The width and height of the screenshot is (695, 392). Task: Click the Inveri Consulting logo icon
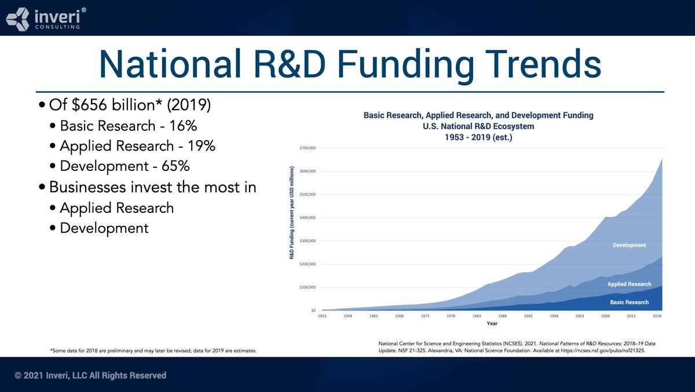(x=17, y=18)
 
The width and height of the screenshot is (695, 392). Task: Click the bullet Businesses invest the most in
(x=152, y=187)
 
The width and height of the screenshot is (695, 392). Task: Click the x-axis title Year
(x=492, y=324)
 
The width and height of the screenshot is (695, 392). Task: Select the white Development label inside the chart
(x=629, y=245)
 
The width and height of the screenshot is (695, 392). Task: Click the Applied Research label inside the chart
(x=629, y=284)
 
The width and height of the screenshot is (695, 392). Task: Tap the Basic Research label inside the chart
(x=629, y=302)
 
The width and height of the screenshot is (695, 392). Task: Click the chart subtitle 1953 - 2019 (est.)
(x=478, y=137)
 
